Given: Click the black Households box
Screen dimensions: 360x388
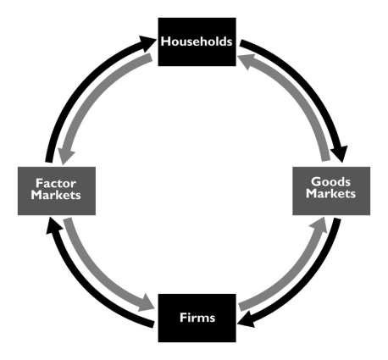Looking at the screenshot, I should pyautogui.click(x=197, y=42).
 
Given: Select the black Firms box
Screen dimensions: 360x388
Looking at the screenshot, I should pyautogui.click(x=197, y=318).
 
